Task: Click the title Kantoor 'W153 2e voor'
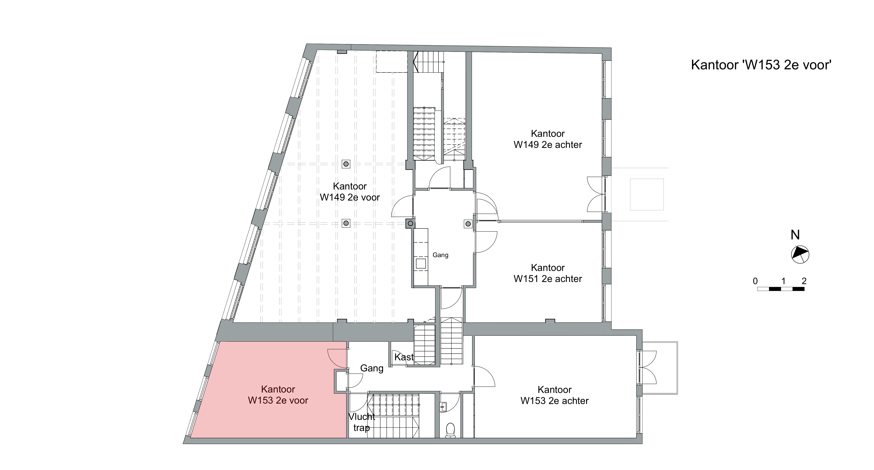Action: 761,65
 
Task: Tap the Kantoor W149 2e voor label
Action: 350,192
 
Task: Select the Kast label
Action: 404,357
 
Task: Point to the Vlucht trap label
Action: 362,422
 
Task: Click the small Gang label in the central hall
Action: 440,255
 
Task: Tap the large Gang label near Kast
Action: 372,368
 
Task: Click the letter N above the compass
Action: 795,235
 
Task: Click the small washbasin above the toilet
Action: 443,406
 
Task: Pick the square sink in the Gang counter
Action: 421,264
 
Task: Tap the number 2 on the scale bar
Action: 804,281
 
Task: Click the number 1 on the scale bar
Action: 783,281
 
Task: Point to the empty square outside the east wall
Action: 647,194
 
